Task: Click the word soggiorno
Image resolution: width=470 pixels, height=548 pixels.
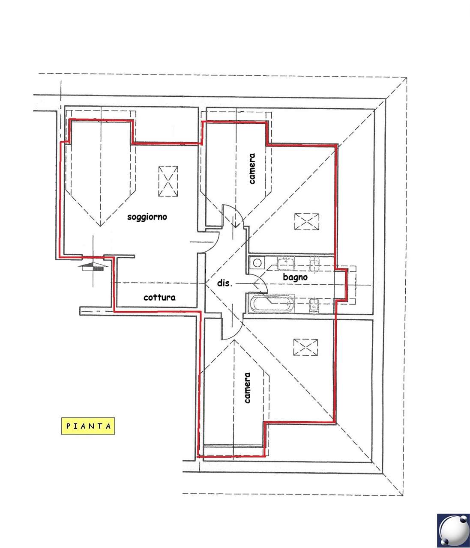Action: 147,217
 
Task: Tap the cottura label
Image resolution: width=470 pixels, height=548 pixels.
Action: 159,298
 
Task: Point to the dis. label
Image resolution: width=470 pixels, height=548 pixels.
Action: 225,283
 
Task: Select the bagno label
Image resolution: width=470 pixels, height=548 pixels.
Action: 295,277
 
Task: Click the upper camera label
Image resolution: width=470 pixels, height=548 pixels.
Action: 252,169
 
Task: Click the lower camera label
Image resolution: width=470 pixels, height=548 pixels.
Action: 247,388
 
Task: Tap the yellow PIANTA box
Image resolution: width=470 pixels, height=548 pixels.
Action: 88,426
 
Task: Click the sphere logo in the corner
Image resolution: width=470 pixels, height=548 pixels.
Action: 453,530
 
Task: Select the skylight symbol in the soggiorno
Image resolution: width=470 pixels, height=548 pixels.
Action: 168,182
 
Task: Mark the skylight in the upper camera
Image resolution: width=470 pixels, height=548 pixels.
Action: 306,221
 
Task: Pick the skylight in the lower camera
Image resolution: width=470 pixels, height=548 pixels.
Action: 305,347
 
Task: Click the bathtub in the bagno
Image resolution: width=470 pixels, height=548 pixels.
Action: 271,304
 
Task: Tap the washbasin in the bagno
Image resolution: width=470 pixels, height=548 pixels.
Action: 286,263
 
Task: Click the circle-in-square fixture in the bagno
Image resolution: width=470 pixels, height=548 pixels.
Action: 257,263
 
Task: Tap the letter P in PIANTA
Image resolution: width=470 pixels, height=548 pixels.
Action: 68,426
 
